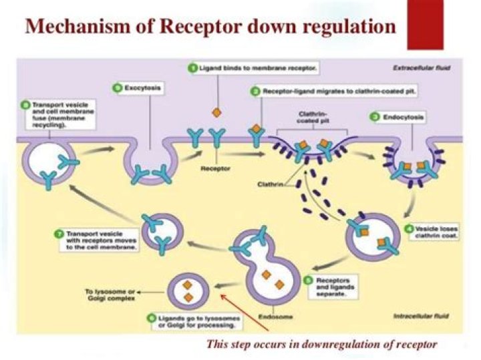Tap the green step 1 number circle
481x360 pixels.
tap(192, 68)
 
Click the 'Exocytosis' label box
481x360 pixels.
tap(131, 87)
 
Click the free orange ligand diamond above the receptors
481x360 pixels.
tap(216, 112)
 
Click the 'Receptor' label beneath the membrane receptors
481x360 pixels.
tap(214, 169)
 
